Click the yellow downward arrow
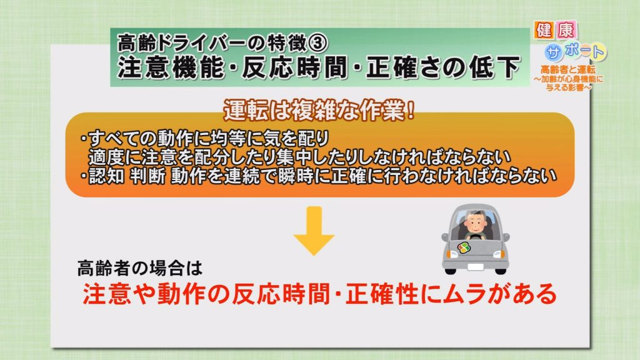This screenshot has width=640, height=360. pyautogui.click(x=314, y=231)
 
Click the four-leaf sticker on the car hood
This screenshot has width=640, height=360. pyautogui.click(x=464, y=247)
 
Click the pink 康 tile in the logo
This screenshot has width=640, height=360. pyautogui.click(x=566, y=30)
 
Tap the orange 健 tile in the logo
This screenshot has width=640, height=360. pyautogui.click(x=544, y=30)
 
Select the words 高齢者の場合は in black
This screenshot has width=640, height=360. pyautogui.click(x=139, y=268)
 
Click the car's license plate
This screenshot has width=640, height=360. pyautogui.click(x=475, y=267)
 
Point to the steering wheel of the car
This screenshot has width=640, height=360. pyautogui.click(x=475, y=237)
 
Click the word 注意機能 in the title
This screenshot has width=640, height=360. pyautogui.click(x=171, y=67)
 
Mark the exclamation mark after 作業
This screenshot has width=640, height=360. pyautogui.click(x=410, y=110)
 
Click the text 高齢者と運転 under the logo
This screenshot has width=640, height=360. pyautogui.click(x=567, y=70)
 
